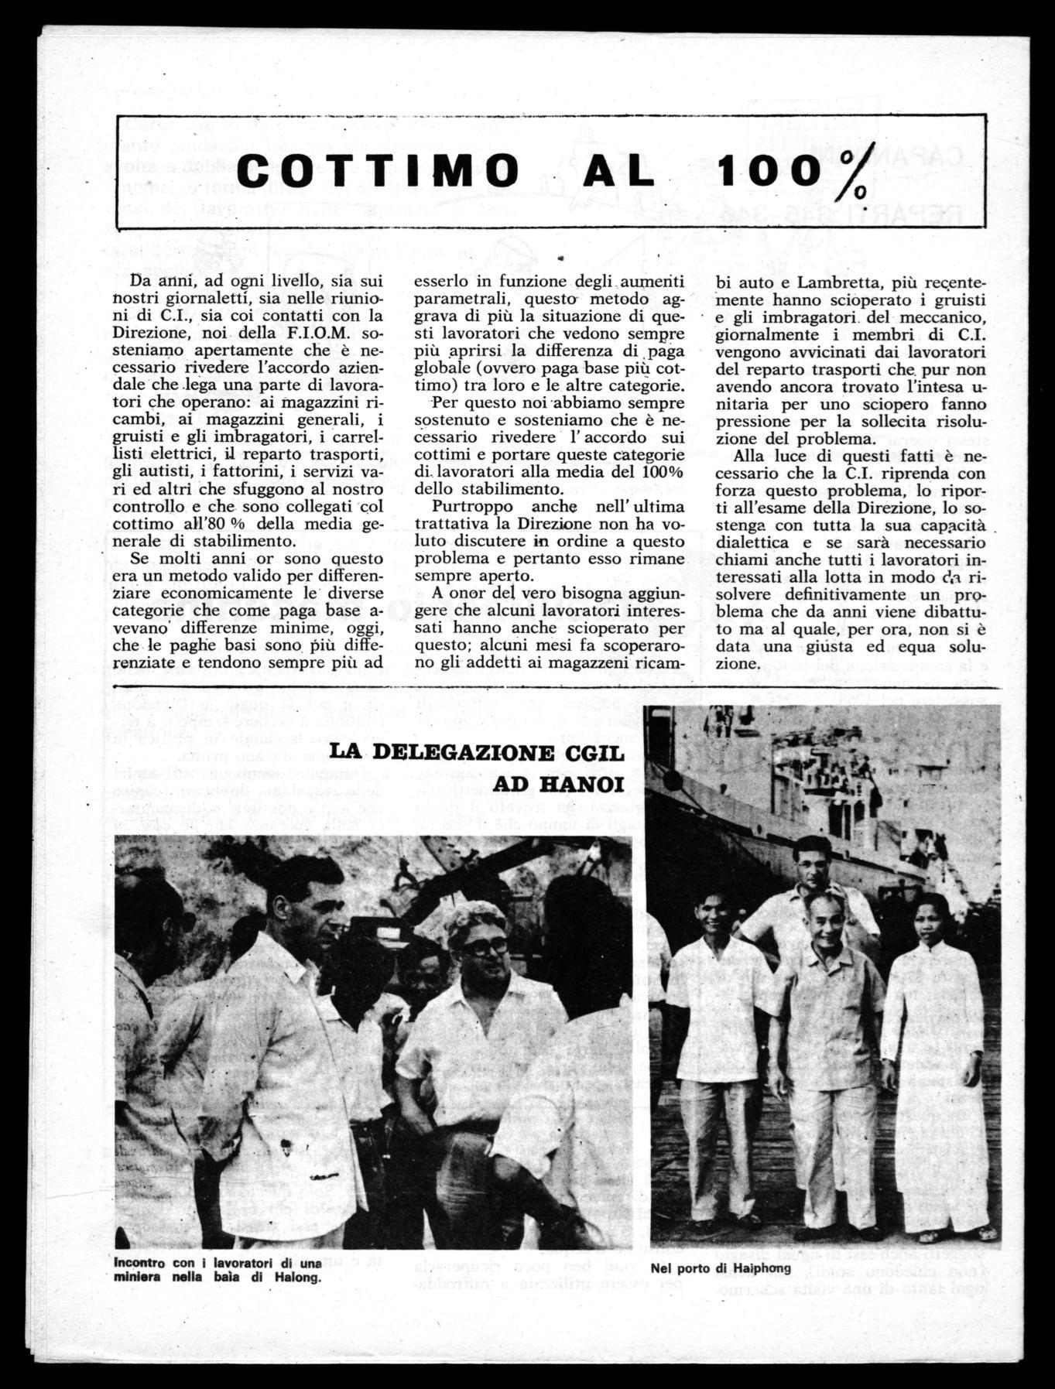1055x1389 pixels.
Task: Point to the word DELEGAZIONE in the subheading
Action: click(454, 753)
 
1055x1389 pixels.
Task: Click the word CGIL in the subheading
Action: click(590, 753)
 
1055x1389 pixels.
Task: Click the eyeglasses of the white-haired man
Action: click(485, 948)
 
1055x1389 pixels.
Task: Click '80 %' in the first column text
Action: click(241, 525)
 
